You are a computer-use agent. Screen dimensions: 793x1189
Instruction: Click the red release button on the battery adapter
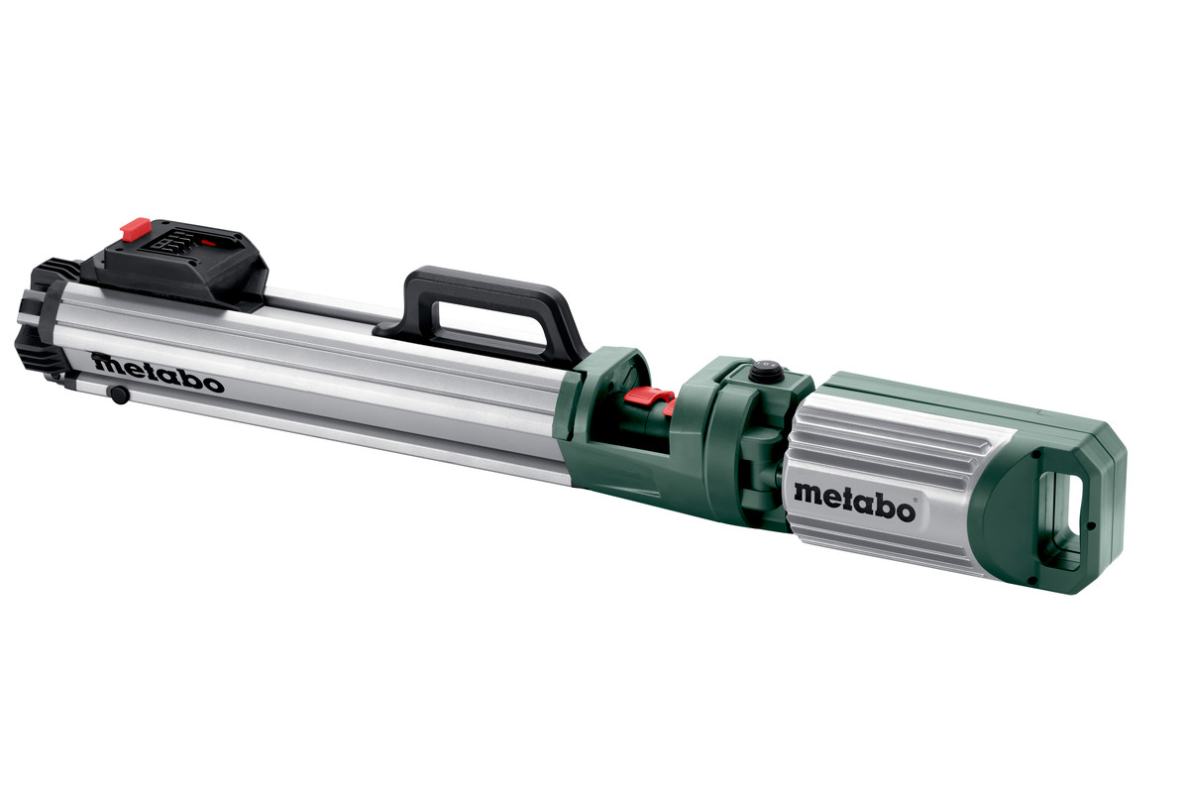click(x=135, y=230)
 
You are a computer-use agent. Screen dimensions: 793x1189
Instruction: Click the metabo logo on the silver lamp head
click(x=854, y=490)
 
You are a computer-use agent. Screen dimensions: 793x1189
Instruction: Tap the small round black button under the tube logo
click(x=119, y=396)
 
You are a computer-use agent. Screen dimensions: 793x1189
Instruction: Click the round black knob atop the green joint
click(x=764, y=373)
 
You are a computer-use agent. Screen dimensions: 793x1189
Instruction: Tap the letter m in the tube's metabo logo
click(x=105, y=363)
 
